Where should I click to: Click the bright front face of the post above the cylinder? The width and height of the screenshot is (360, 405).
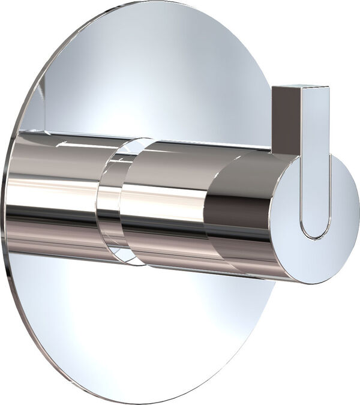314,120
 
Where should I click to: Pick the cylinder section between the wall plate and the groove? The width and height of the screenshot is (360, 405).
54,192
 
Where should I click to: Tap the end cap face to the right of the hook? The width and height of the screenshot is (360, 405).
345,210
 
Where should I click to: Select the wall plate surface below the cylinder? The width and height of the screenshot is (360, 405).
150,336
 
